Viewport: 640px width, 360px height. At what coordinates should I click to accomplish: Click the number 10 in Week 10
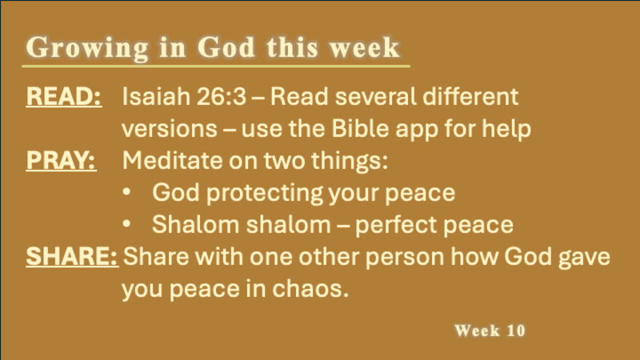(516, 330)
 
